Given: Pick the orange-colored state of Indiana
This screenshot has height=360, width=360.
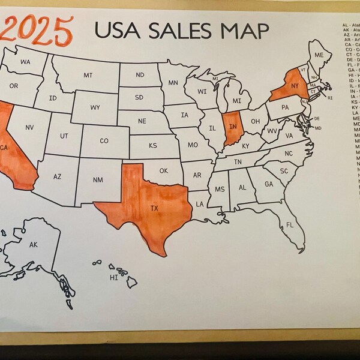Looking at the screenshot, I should (x=232, y=128).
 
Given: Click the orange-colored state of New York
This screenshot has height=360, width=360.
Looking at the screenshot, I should (x=292, y=86).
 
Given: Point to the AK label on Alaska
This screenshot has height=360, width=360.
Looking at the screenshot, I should (x=34, y=244).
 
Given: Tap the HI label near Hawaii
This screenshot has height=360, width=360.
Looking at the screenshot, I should (x=113, y=278).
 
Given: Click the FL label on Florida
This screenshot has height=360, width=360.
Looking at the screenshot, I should (x=290, y=226).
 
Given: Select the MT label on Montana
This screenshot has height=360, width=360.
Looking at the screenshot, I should (x=88, y=75).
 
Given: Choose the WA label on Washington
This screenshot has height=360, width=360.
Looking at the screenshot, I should (x=25, y=62).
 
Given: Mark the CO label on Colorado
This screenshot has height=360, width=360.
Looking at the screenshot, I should (x=104, y=141).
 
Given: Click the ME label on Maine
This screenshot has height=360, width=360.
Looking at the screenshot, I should (x=319, y=55).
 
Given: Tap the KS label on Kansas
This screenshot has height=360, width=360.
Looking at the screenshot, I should (x=153, y=145).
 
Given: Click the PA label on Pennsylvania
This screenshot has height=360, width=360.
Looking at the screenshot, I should (x=285, y=107).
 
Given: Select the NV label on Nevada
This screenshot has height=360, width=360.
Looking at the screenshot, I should (x=29, y=127).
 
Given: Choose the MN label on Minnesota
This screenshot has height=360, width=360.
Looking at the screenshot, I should (x=173, y=83).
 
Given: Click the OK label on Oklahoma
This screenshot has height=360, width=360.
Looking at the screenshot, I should (x=164, y=170).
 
